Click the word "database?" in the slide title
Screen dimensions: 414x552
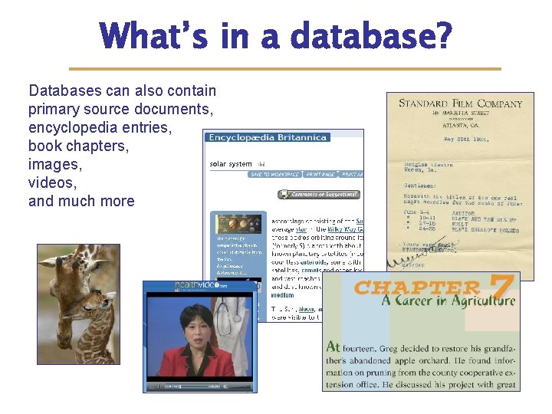point(370,37)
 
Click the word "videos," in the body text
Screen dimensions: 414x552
point(52,182)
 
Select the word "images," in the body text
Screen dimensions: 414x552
point(54,164)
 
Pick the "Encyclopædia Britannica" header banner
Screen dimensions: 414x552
point(268,138)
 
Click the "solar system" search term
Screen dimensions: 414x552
point(230,163)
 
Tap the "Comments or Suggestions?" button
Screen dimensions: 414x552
point(317,195)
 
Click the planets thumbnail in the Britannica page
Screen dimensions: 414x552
point(238,225)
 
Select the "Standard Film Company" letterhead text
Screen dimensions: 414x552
point(460,103)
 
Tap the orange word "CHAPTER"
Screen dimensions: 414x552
point(417,288)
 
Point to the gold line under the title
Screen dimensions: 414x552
point(284,69)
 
